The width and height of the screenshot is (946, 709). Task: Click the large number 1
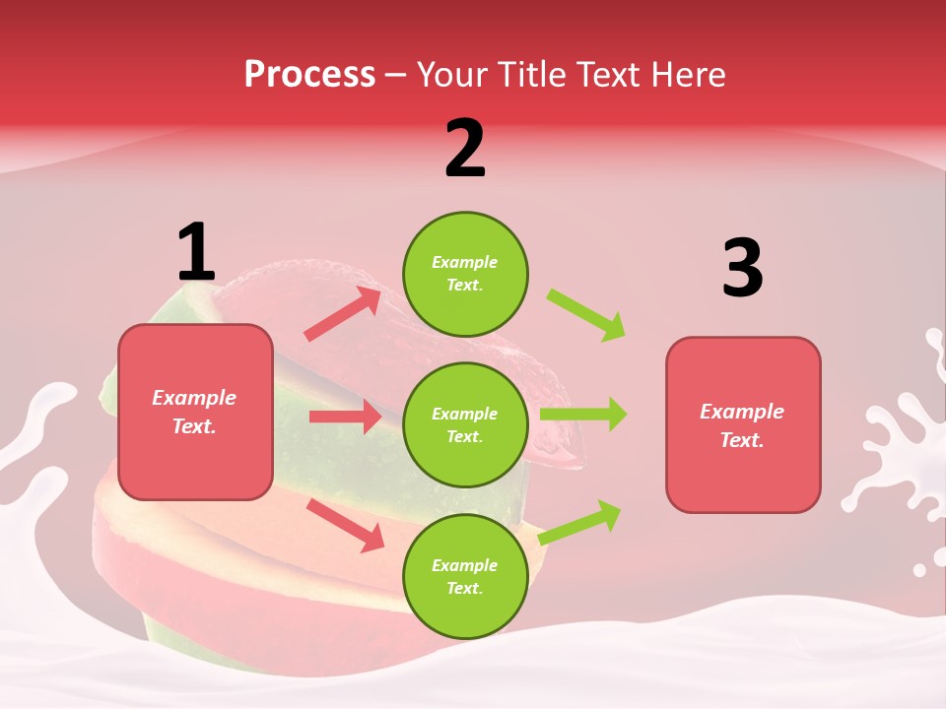[x=196, y=252]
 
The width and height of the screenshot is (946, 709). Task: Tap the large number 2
[x=465, y=149]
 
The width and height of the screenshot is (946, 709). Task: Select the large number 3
[x=742, y=268]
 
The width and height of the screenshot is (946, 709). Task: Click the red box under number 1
[x=195, y=412]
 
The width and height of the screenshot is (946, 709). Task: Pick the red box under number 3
[x=743, y=425]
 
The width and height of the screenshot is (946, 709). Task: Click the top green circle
[x=465, y=274]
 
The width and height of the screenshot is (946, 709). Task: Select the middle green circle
[x=465, y=424]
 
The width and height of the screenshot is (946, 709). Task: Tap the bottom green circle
[x=465, y=576]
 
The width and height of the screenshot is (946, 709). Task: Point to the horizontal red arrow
[x=345, y=417]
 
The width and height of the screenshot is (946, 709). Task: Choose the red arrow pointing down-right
[x=345, y=524]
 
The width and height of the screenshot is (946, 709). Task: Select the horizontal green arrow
[x=583, y=415]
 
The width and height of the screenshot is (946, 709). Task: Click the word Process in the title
[x=309, y=74]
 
